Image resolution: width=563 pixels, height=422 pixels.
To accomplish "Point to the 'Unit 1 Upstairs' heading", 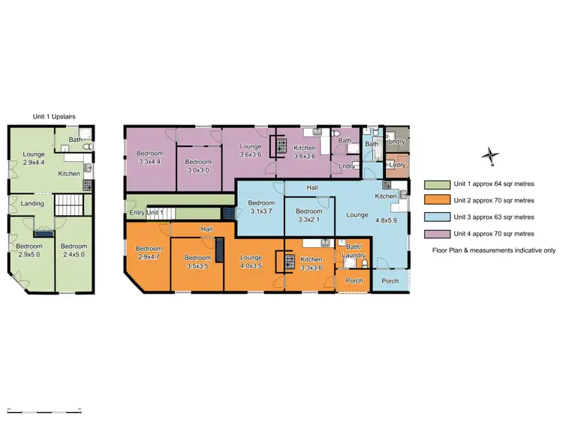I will click(x=53, y=116).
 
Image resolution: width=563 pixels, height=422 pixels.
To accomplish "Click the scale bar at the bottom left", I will click(x=44, y=410).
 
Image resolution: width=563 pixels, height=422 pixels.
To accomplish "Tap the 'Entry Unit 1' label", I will click(x=146, y=214).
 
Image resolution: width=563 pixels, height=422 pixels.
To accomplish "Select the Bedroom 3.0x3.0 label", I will click(x=198, y=166).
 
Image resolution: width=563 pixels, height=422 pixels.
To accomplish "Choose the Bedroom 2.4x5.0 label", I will click(x=74, y=250).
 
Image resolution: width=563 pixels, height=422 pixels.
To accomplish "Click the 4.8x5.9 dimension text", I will click(x=386, y=222).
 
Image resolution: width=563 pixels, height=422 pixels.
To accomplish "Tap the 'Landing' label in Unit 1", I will click(x=32, y=204).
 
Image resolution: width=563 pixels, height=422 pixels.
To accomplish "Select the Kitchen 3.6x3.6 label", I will click(x=304, y=153).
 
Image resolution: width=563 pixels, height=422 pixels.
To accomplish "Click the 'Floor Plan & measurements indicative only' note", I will click(x=493, y=250).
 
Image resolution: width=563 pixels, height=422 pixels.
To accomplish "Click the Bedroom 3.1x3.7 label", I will click(x=260, y=208).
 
